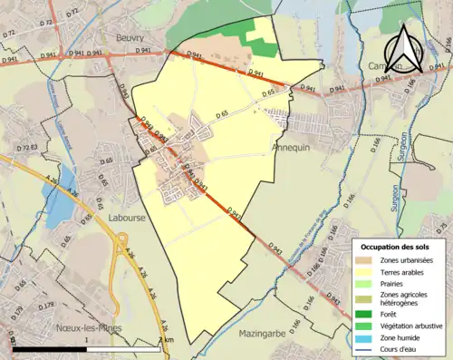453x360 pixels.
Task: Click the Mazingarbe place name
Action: pyautogui.click(x=263, y=334)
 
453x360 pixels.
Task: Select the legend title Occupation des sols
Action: pyautogui.click(x=396, y=247)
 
